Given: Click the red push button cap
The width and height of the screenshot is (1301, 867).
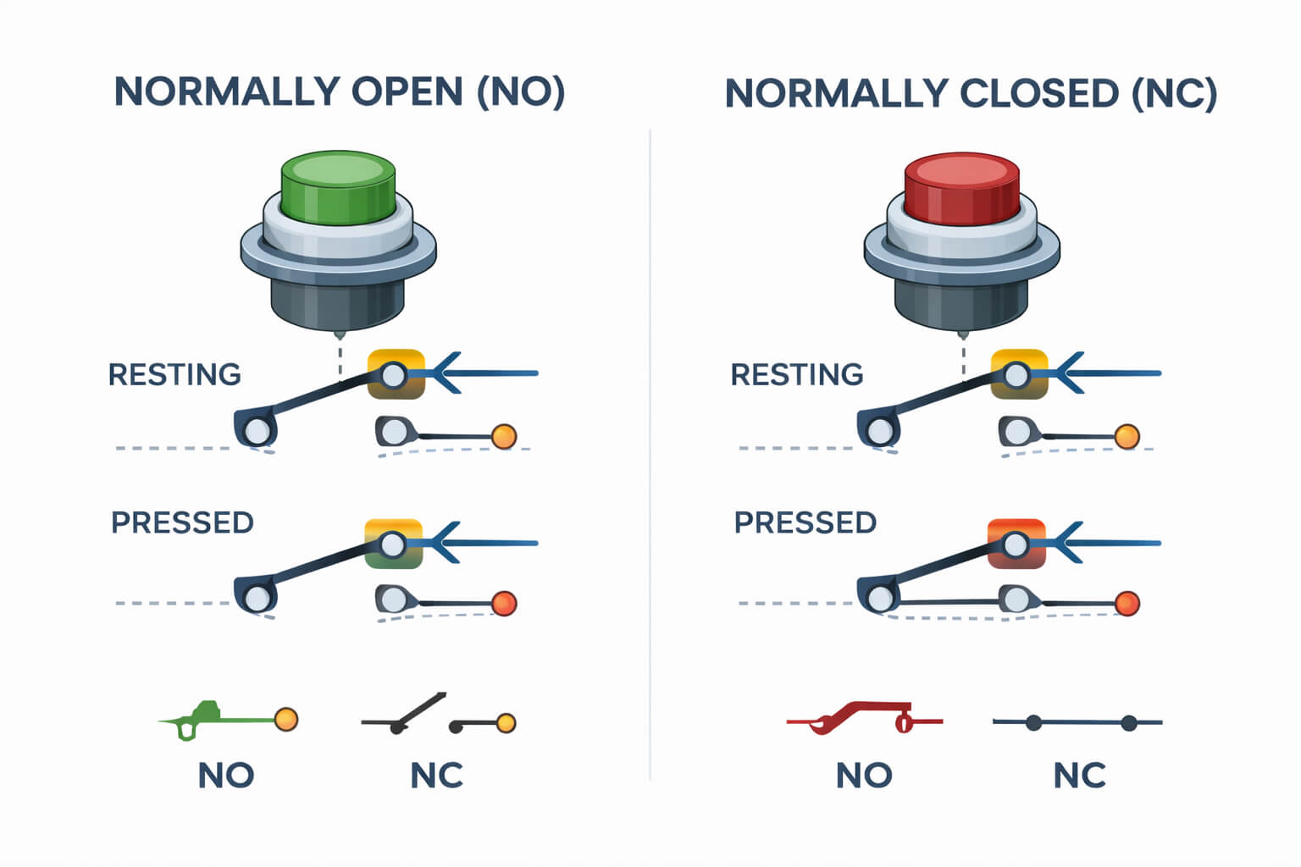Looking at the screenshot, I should pyautogui.click(x=961, y=188).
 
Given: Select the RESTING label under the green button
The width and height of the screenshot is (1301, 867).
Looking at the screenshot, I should pyautogui.click(x=174, y=374).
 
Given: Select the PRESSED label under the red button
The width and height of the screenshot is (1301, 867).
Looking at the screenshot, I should pyautogui.click(x=805, y=522).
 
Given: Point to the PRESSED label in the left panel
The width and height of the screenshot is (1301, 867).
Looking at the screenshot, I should pyautogui.click(x=182, y=522).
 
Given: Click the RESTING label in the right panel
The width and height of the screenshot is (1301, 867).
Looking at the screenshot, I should pyautogui.click(x=796, y=374).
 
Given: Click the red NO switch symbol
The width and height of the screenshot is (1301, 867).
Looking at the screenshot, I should pyautogui.click(x=864, y=719).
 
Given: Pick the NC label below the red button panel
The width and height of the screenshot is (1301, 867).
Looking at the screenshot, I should pyautogui.click(x=1079, y=775).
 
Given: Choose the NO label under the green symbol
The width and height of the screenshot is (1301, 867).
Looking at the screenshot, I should pyautogui.click(x=226, y=775).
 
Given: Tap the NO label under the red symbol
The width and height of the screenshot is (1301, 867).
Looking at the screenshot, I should pyautogui.click(x=864, y=775).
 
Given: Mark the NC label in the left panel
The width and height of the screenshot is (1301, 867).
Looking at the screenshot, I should pyautogui.click(x=436, y=775).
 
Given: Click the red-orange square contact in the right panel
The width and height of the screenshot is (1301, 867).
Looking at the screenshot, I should pyautogui.click(x=1016, y=543).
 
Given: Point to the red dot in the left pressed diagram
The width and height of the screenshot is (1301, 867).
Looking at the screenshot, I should pyautogui.click(x=504, y=604).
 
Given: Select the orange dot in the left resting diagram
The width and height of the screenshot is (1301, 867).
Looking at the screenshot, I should pyautogui.click(x=504, y=436).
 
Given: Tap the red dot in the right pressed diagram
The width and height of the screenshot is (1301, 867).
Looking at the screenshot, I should pyautogui.click(x=1127, y=604).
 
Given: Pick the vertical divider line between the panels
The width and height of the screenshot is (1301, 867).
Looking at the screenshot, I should pyautogui.click(x=650, y=457).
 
